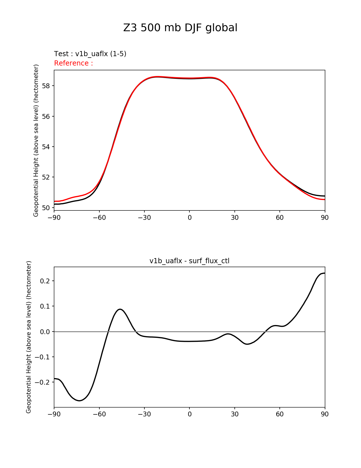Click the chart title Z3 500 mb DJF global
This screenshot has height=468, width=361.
180,28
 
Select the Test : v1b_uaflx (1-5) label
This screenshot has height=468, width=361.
90,54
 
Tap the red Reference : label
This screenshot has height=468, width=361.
73,63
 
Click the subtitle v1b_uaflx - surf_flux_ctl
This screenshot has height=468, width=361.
189,261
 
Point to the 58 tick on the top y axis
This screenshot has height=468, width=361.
46,86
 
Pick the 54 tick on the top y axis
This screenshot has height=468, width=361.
46,147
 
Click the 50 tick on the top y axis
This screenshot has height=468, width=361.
46,208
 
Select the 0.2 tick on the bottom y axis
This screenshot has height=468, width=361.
45,281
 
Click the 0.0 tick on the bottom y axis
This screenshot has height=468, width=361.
45,332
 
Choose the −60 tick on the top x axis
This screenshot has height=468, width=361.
99,218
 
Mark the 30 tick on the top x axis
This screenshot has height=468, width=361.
235,218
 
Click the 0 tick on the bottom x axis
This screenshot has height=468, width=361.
189,414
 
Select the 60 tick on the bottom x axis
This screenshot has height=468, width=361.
280,414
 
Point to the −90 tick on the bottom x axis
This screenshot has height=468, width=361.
54,414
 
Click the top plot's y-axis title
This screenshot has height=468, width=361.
36,140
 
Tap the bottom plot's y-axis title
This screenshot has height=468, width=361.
29,337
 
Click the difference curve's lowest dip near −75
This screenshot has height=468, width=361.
80,400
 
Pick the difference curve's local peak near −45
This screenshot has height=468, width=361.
120,309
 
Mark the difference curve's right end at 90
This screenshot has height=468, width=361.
324,273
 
